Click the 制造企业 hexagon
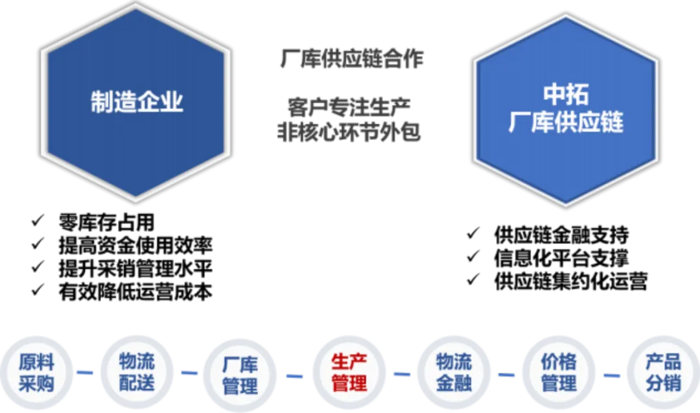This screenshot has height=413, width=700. pyautogui.click(x=136, y=102)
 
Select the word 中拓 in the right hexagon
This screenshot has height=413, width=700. pyautogui.click(x=565, y=95)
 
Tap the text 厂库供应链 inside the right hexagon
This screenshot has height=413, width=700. pyautogui.click(x=565, y=122)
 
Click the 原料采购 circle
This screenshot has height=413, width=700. pyautogui.click(x=36, y=372)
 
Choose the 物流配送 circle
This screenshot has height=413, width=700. pyautogui.click(x=137, y=372)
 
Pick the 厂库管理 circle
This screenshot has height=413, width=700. pyautogui.click(x=240, y=373)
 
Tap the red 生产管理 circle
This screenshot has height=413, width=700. pyautogui.click(x=349, y=372)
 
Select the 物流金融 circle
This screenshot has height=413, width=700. pyautogui.click(x=454, y=372)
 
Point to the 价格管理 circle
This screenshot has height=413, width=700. pyautogui.click(x=558, y=372)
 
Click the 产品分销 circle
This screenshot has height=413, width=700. pyautogui.click(x=662, y=372)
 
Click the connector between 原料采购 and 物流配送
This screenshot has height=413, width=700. pyautogui.click(x=86, y=373)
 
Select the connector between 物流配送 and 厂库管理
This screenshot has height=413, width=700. pyautogui.click(x=189, y=373)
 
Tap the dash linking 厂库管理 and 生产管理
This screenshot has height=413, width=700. pyautogui.click(x=295, y=375)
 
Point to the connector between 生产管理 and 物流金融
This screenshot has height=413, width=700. pyautogui.click(x=402, y=373)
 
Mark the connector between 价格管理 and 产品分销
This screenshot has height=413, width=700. pyautogui.click(x=611, y=374)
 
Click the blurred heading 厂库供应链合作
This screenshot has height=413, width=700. pyautogui.click(x=350, y=60)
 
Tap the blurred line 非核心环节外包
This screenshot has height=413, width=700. pyautogui.click(x=350, y=132)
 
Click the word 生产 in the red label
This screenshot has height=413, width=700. pyautogui.click(x=349, y=362)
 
